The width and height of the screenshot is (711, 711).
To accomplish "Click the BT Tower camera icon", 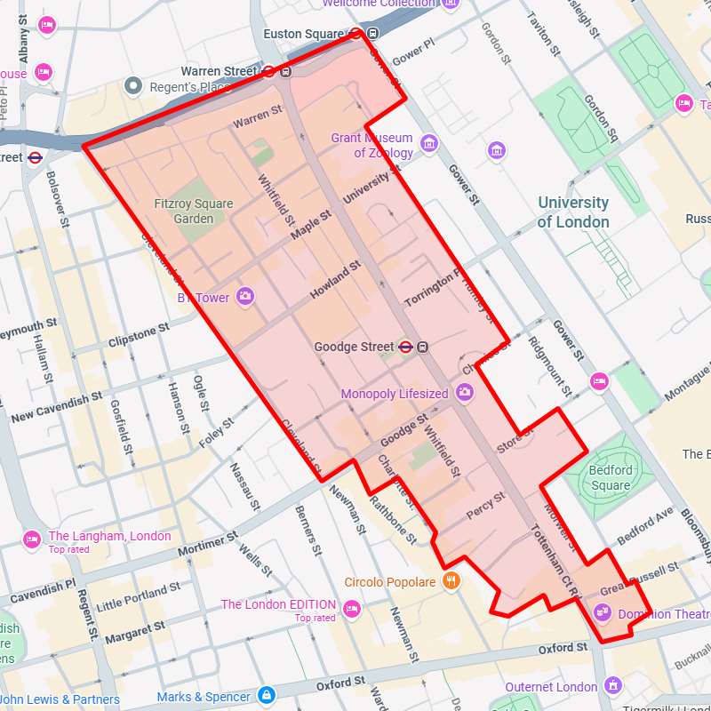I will tap(245, 297).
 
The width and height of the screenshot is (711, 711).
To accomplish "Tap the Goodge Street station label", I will tap(353, 347).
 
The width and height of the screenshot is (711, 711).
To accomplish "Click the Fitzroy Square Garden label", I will tap(193, 211).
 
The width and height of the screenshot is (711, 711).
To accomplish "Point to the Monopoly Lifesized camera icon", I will tap(464, 392).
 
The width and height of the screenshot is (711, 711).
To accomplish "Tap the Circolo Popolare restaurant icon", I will tap(451, 581).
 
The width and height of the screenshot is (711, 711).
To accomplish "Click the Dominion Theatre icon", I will tap(603, 612).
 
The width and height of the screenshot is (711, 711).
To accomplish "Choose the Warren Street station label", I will tap(218, 70).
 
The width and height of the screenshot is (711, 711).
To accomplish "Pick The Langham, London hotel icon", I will tap(32, 539).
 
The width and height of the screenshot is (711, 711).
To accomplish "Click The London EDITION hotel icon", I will tap(352, 609).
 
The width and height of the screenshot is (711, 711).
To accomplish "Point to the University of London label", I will tap(573, 212).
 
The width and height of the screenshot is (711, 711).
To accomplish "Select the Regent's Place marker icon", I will tap(134, 85).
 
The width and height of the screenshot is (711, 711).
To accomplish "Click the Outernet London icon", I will tap(612, 685).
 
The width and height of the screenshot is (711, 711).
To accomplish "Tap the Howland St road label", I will tap(335, 280).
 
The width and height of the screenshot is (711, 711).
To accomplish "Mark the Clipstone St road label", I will tap(138, 335).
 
